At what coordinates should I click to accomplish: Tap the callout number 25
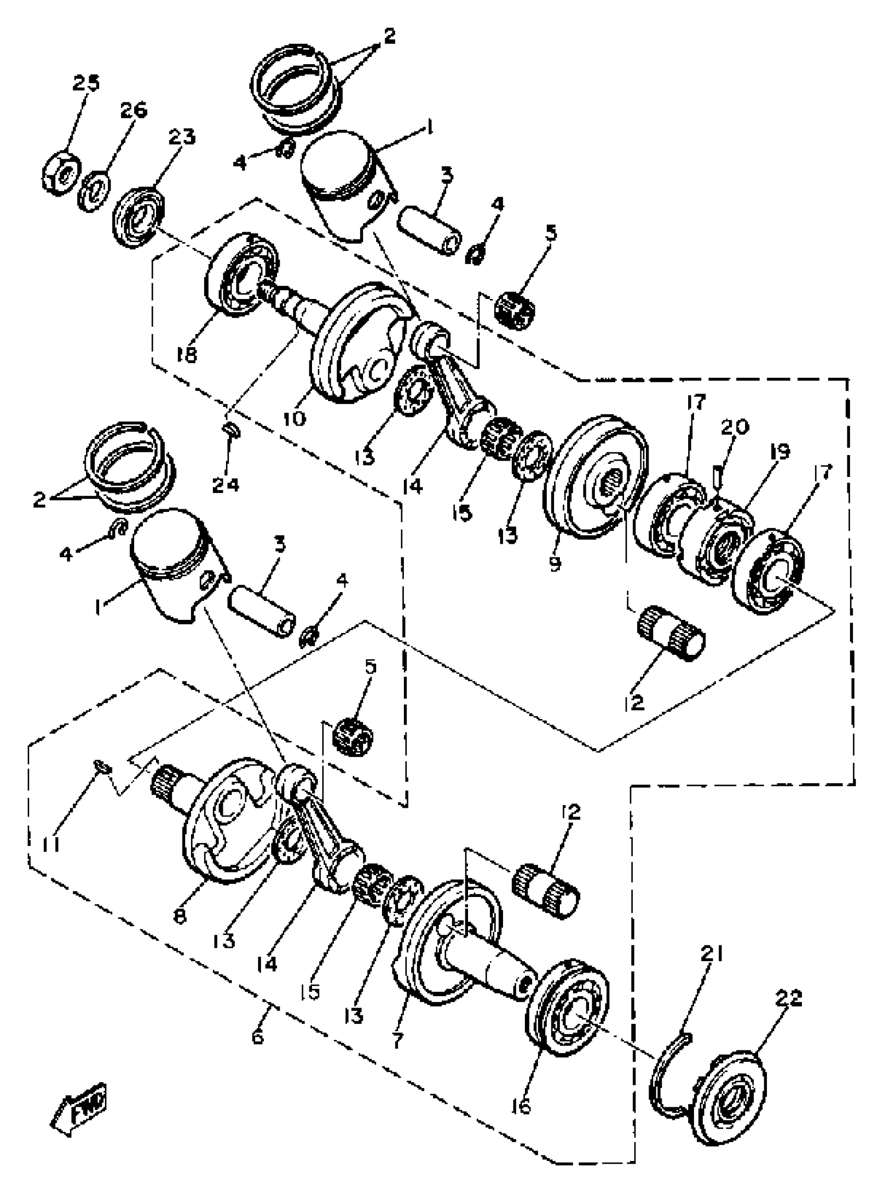(x=86, y=83)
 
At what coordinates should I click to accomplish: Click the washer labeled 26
(x=95, y=189)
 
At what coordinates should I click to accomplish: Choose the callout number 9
(x=555, y=563)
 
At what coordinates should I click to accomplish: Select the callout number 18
(x=186, y=354)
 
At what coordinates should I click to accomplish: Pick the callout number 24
(x=225, y=484)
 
